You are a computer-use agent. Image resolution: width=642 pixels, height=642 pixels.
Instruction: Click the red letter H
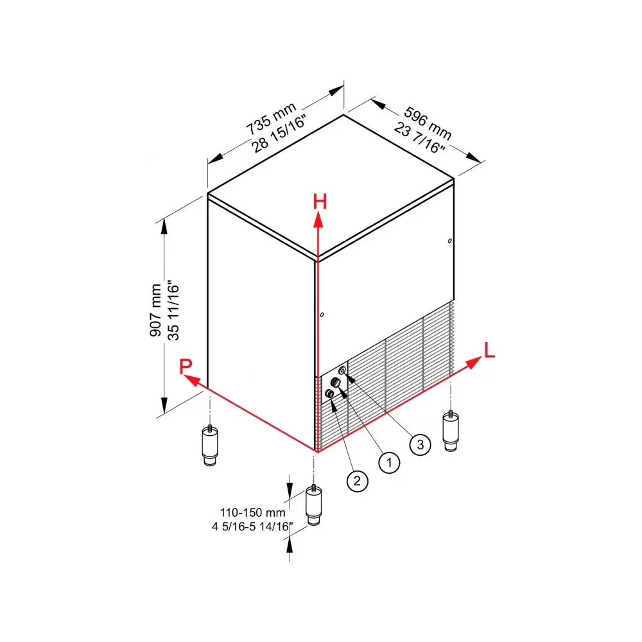pos(320,202)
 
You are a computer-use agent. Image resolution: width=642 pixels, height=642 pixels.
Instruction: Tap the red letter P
pos(186,366)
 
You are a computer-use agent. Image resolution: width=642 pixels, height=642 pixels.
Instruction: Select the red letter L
pos(490,351)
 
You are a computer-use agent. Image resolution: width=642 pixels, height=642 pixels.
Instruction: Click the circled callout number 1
pos(389,463)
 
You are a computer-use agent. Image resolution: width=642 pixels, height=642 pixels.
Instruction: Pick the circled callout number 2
pos(357,481)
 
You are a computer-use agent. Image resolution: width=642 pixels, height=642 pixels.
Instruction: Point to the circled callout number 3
pos(420,445)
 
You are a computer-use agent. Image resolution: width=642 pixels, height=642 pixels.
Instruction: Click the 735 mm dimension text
pos(271,118)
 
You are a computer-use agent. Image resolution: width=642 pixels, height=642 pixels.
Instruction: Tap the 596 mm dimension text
pos(428,123)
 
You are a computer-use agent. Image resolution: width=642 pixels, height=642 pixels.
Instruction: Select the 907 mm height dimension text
pos(155,310)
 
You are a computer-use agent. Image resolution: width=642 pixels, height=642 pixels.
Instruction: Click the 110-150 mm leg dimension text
pos(252,512)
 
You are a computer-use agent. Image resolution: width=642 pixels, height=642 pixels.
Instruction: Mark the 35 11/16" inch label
pos(173,310)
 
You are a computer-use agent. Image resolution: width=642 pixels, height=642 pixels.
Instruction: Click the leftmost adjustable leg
pos(210,446)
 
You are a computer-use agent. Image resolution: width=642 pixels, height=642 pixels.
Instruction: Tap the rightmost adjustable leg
pos(451,431)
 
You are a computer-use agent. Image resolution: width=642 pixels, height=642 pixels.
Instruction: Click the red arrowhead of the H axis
pos(318,220)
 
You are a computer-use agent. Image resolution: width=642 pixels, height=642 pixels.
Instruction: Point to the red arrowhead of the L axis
pos(474,362)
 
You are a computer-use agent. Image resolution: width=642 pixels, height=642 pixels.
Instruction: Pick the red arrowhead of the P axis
pos(191,380)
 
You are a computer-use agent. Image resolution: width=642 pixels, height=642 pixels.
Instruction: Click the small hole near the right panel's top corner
pos(450,241)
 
